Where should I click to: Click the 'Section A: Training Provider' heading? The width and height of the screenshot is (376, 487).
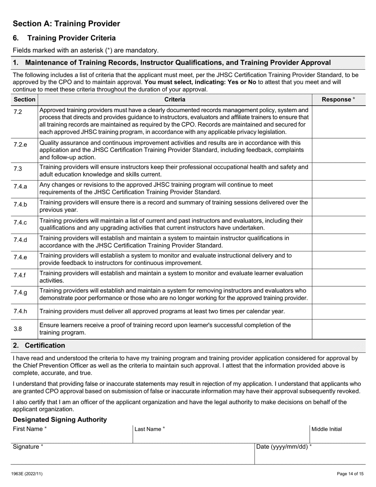pyautogui.click(x=66, y=24)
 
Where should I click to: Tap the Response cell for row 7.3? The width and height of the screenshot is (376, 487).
pyautogui.click(x=338, y=171)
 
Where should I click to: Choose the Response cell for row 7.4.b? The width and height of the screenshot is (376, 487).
pyautogui.click(x=338, y=206)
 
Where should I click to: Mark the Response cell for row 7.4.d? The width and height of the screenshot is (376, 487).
pyautogui.click(x=338, y=242)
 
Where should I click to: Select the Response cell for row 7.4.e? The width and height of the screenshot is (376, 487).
pyautogui.click(x=338, y=260)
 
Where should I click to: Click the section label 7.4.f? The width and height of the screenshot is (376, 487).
pyautogui.click(x=20, y=277)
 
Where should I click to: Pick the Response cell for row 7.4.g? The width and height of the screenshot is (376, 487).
pyautogui.click(x=338, y=295)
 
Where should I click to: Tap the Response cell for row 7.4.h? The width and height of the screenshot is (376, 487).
pyautogui.click(x=338, y=311)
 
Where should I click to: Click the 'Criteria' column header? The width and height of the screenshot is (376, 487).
pyautogui.click(x=175, y=99)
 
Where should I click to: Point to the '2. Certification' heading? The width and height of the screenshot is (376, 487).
pyautogui.click(x=39, y=346)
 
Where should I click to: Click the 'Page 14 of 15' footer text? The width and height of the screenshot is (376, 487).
pyautogui.click(x=350, y=474)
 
